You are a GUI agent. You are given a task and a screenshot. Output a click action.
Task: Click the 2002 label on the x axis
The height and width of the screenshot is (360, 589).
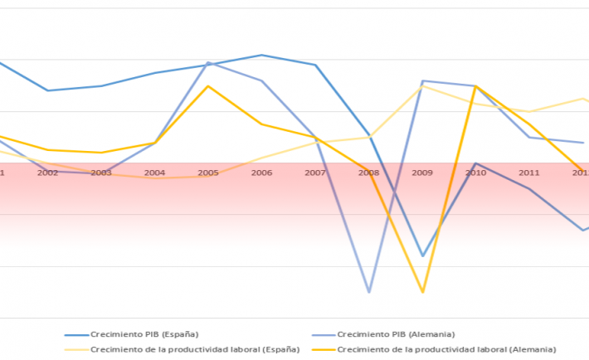click(47, 173)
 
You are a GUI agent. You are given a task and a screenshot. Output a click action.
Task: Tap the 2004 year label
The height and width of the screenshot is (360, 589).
click(154, 173)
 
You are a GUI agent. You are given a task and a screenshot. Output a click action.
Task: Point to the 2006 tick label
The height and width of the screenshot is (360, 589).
click(261, 173)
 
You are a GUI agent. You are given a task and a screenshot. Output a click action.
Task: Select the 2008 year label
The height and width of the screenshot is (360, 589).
click(368, 173)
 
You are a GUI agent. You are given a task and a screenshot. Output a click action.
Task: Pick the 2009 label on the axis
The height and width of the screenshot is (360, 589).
click(422, 173)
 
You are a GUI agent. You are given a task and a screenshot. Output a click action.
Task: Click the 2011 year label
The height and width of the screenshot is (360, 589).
click(529, 173)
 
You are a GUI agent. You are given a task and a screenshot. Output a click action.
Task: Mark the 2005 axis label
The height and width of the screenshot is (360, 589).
click(208, 173)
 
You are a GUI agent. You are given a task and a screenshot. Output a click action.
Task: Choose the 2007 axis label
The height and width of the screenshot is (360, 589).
click(315, 173)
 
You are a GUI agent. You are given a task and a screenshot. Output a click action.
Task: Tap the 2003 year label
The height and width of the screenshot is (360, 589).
click(101, 173)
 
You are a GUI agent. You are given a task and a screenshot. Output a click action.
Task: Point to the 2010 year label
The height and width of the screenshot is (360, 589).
click(476, 173)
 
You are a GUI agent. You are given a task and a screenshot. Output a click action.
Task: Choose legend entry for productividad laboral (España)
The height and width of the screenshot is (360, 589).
click(195, 349)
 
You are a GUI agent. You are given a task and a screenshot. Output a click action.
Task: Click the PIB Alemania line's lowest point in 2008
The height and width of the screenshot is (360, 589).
click(368, 292)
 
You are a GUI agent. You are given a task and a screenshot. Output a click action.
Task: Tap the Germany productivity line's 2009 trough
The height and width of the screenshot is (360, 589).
click(422, 292)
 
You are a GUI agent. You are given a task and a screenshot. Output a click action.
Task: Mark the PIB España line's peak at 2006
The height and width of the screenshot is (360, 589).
click(261, 55)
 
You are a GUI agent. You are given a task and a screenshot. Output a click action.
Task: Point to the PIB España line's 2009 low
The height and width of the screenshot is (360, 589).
click(422, 255)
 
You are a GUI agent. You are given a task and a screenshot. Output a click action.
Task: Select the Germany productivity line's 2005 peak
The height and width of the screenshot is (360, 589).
click(208, 86)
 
